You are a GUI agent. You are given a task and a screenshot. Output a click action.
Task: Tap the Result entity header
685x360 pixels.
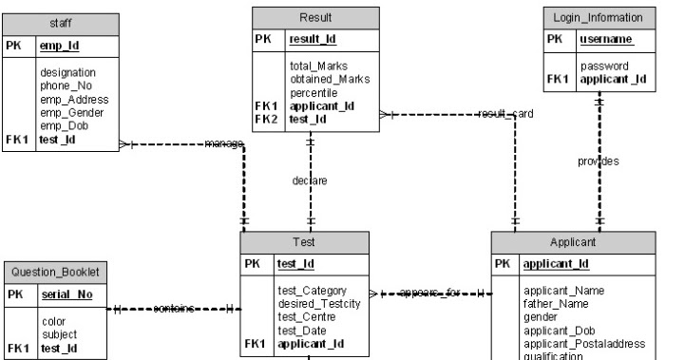[315, 17]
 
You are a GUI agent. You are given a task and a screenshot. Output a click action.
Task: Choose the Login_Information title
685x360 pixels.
[599, 17]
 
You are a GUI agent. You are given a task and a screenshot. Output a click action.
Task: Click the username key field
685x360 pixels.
[606, 40]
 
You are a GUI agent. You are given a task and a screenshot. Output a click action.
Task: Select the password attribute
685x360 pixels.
[603, 66]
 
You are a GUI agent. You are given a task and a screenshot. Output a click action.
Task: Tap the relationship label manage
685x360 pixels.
[224, 143]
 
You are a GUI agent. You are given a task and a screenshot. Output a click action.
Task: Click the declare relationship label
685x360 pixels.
[310, 180]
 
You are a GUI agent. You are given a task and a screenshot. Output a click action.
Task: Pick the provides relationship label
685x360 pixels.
[599, 161]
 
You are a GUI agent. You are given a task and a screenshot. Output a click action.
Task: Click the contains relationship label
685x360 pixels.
[173, 309]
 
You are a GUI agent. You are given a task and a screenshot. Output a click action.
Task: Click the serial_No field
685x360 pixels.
[67, 294]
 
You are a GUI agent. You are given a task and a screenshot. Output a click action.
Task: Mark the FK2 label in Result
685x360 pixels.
[266, 120]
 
